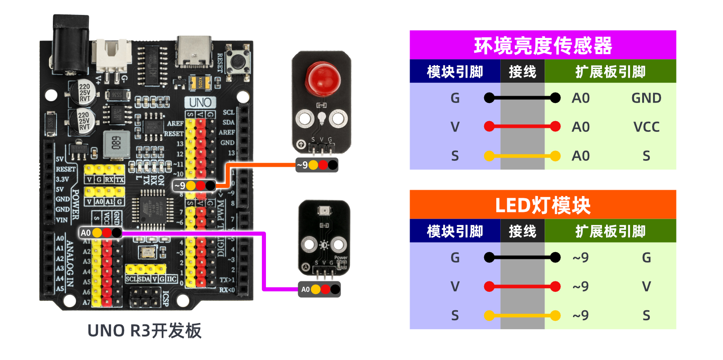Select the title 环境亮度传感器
pyautogui.click(x=542, y=45)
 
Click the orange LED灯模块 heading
pyautogui.click(x=542, y=205)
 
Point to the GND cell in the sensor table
pyautogui.click(x=646, y=98)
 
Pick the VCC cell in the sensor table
pyautogui.click(x=646, y=127)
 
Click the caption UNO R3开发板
pyautogui.click(x=144, y=331)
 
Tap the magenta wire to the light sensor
pyautogui.click(x=264, y=262)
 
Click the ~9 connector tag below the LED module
pyautogui.click(x=317, y=165)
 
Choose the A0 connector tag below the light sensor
pyautogui.click(x=319, y=290)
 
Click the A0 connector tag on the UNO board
pyautogui.click(x=100, y=233)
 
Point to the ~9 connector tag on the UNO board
pyautogui.click(x=195, y=186)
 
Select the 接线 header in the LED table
pyautogui.click(x=522, y=231)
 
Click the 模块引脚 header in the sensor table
pyautogui.click(x=455, y=71)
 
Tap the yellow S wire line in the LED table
pyautogui.click(x=522, y=315)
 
